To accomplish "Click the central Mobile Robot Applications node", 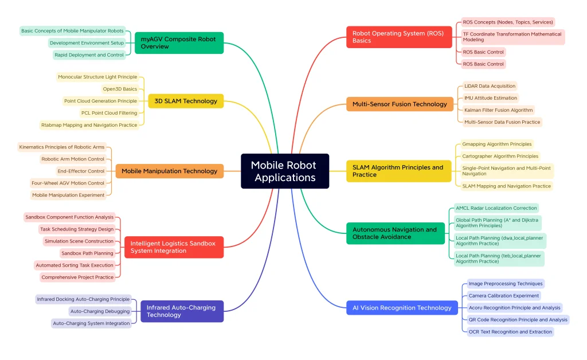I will tap(285, 171).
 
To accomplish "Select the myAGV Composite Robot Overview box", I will tap(179, 43).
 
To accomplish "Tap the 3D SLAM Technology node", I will tap(186, 101).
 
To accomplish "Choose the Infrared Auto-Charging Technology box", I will tap(182, 311).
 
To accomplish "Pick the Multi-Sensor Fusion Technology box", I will tap(400, 104).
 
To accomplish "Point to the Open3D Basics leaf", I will tap(120, 89).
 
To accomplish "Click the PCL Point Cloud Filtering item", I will tap(109, 113).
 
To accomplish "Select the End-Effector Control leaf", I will tap(81, 171).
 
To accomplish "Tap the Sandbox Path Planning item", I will tap(87, 253).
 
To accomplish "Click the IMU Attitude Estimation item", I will tap(491, 98).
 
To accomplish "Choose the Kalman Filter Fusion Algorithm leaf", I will tap(498, 110).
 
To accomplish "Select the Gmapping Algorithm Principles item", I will tap(496, 144).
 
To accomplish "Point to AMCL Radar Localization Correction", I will tap(496, 208).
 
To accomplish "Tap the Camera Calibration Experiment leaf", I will tap(504, 296).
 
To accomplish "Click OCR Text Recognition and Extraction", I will tap(510, 331).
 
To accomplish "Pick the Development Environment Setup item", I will tap(87, 43).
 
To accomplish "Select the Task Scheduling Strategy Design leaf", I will tap(77, 229).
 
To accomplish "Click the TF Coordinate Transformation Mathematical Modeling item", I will tap(512, 37).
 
